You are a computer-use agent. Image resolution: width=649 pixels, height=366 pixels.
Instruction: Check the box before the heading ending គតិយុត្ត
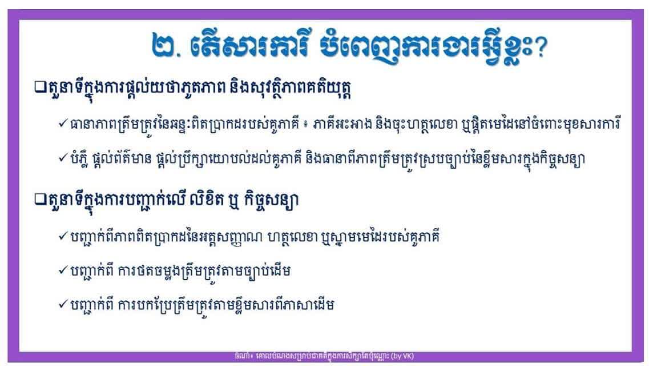tap(40, 87)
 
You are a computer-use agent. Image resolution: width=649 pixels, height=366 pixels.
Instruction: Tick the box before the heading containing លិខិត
tap(40, 199)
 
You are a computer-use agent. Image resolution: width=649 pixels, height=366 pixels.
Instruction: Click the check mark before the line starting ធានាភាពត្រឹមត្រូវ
tap(63, 123)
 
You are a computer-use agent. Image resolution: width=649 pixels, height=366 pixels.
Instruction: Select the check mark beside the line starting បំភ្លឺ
tap(63, 157)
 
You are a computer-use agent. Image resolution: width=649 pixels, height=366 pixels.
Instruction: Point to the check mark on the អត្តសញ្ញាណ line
tap(63, 236)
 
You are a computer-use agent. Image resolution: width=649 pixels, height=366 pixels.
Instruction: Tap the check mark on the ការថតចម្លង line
tap(63, 270)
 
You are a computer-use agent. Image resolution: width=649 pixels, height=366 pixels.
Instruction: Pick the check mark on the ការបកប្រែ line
tap(63, 304)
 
